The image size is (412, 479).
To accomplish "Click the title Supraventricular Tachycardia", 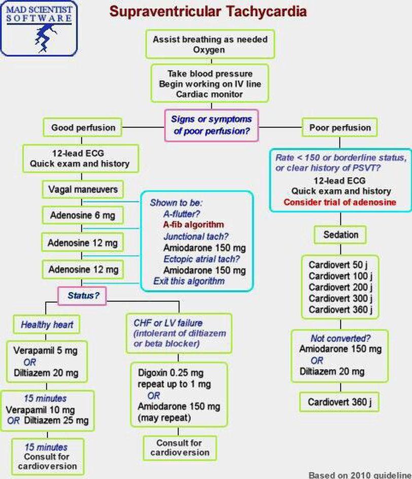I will coord(209,11).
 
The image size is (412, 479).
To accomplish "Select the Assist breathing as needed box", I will coord(210,45).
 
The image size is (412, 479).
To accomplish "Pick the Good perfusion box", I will coord(83,128).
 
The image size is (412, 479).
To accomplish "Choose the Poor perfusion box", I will coord(340,128).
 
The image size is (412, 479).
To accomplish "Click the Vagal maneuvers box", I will coord(83,190).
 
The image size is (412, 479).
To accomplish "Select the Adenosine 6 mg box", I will coord(83,215).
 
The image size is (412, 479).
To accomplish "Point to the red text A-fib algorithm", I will coord(193,225).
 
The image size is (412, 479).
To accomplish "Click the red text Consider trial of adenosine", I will coord(339,202).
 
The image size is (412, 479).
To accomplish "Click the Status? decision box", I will coord(82,296).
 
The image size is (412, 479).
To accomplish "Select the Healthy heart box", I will coord(47,324).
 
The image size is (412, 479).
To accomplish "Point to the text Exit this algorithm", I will coord(189,281).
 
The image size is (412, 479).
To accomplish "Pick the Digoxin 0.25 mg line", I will coord(169,373).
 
